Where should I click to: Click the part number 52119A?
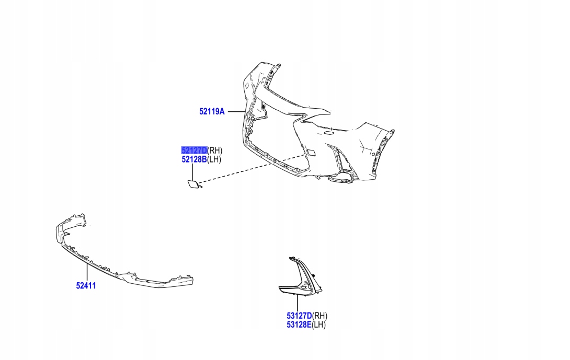[211, 111]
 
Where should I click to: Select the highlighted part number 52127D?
[194, 150]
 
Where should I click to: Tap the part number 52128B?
[194, 159]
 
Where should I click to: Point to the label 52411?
[86, 286]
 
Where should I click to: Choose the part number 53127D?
[299, 316]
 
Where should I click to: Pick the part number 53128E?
[299, 324]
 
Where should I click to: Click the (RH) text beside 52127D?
[214, 150]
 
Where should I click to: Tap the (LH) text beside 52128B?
[214, 159]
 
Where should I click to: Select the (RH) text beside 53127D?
[320, 316]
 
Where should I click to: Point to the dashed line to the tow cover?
[251, 168]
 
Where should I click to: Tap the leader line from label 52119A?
[235, 111]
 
